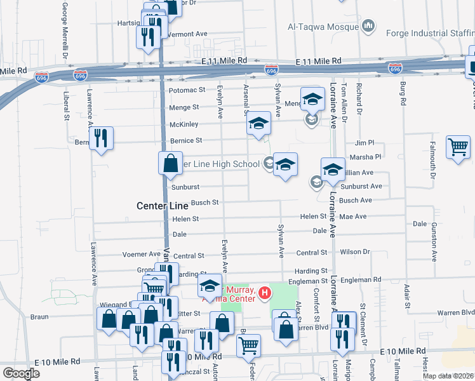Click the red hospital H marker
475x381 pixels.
[265, 293]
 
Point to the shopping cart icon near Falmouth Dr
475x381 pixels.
[457, 148]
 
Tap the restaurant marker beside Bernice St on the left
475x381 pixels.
[100, 138]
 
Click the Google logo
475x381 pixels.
[21, 373]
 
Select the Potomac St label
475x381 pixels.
[187, 91]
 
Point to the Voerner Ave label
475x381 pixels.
[146, 254]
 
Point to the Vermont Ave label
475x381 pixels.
[187, 34]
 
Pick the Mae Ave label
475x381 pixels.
[353, 217]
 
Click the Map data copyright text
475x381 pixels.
[448, 376]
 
